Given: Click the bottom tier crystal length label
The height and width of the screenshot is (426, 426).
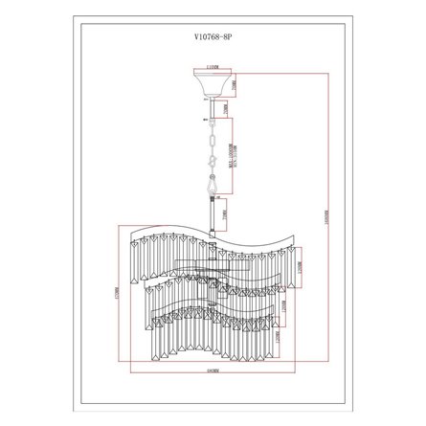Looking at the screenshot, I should (x=278, y=337).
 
